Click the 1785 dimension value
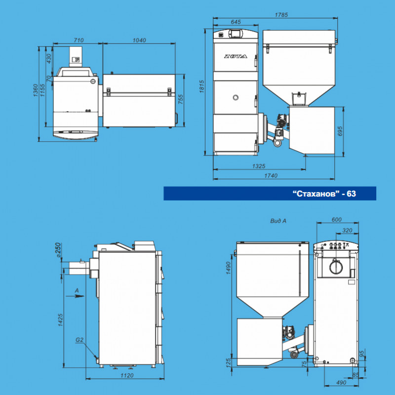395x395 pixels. (281, 15)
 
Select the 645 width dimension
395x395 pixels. (236, 22)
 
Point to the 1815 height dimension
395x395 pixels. (202, 87)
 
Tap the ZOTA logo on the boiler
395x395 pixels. (236, 56)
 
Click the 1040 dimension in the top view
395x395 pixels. (139, 40)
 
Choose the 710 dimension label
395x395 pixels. (79, 40)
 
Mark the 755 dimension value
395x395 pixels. (181, 99)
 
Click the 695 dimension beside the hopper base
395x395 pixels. (340, 131)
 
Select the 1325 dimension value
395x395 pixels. (259, 166)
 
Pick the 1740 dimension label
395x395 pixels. (271, 176)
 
